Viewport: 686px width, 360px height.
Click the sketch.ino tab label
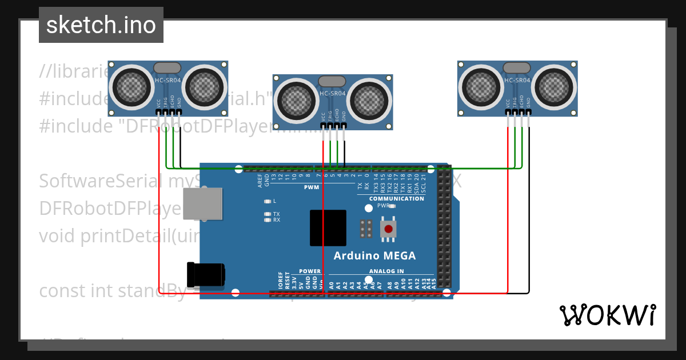click(x=101, y=25)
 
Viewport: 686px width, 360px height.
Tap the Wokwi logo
click(x=607, y=315)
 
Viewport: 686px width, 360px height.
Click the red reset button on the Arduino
click(x=389, y=229)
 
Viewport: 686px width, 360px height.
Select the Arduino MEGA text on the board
click(x=374, y=255)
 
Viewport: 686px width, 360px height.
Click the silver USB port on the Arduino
click(x=202, y=204)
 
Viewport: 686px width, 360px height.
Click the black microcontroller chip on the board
click(x=328, y=228)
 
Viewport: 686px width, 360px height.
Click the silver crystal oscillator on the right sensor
click(x=517, y=67)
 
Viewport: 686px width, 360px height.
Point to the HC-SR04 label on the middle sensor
click(x=332, y=94)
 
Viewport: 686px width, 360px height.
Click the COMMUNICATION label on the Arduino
click(x=397, y=199)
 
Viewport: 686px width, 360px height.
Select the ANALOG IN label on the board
click(x=386, y=271)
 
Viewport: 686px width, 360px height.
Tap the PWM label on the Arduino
click(x=312, y=187)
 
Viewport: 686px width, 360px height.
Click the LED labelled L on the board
click(x=268, y=201)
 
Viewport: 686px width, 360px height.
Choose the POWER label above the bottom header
click(x=310, y=271)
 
